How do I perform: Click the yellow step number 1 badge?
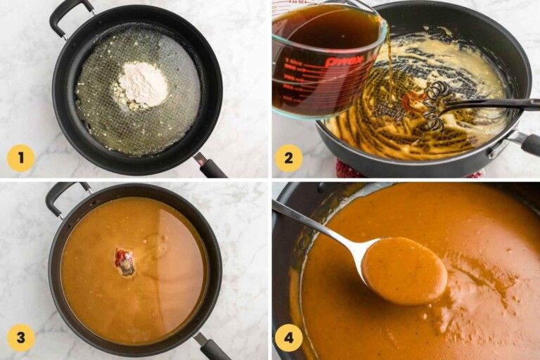coord(20,157)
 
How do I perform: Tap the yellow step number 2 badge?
coord(288,157)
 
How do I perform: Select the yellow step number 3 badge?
coord(20,337)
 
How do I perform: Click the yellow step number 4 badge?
coord(288,337)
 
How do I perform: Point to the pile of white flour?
coord(142,84)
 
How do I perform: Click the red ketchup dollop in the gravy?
coord(124,260)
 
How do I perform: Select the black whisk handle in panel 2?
coord(506,104)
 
